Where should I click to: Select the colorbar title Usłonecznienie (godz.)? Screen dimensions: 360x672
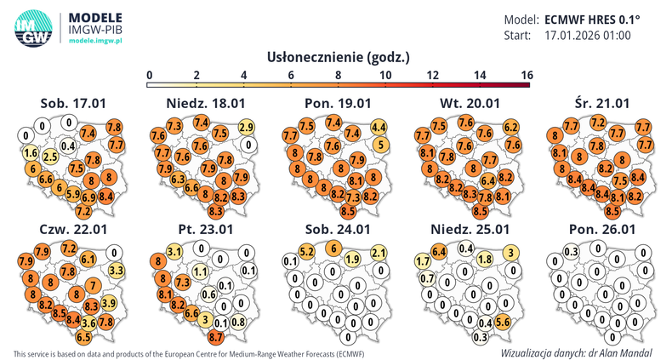pyautogui.click(x=339, y=58)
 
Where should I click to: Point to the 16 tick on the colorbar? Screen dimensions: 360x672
pyautogui.click(x=526, y=76)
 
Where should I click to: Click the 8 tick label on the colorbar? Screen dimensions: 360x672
pyautogui.click(x=339, y=76)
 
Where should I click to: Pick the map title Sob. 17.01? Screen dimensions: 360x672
pyautogui.click(x=72, y=104)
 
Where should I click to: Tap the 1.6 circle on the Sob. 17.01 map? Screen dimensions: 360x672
pyautogui.click(x=31, y=153)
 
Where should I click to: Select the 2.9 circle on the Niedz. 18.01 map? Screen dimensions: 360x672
pyautogui.click(x=247, y=128)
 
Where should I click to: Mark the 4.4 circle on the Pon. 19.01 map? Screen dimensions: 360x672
pyautogui.click(x=380, y=128)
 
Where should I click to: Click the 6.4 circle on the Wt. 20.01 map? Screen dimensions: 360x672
pyautogui.click(x=487, y=180)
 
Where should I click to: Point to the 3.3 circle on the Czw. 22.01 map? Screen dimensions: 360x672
pyautogui.click(x=117, y=271)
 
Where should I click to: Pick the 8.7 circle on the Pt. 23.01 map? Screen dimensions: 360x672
pyautogui.click(x=215, y=337)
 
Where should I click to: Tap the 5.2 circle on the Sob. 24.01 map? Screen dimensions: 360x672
pyautogui.click(x=308, y=252)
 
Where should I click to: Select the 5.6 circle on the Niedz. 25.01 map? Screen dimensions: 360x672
pyautogui.click(x=502, y=323)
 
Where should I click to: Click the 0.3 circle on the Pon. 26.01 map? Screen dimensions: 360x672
pyautogui.click(x=572, y=252)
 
